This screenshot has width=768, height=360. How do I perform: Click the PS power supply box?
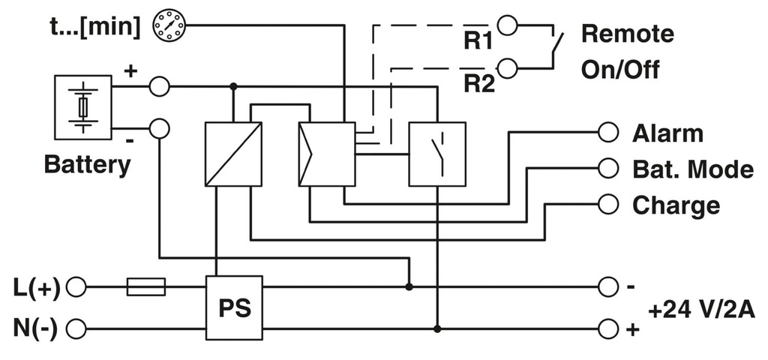pos(234,307)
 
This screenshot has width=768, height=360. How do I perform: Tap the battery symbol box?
pos(83,107)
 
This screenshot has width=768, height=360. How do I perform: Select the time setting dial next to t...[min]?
pos(168,26)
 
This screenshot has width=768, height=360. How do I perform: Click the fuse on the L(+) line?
pos(146,286)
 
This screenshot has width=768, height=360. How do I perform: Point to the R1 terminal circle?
pos(508,26)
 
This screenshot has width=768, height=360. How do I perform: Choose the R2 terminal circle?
pos(508,69)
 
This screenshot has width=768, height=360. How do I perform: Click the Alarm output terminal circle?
pos(607,133)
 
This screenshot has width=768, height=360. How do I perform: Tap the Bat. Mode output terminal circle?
pos(607,168)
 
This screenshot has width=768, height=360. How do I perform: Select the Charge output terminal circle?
pos(607,203)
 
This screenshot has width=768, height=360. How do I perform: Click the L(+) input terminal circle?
pos(76,286)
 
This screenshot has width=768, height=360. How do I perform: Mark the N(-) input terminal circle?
pos(76,328)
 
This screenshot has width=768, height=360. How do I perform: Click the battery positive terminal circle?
pos(159,87)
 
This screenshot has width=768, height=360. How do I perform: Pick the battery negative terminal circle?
pos(159,128)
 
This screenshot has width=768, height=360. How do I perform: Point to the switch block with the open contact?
pos(436,154)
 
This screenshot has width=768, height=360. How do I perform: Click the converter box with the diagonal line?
pos(233,154)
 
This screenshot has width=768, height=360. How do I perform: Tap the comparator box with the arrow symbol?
pos(326,154)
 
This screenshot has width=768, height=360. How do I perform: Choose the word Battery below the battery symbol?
pos(87,164)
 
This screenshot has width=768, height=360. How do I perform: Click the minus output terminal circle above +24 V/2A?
pos(607,286)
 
